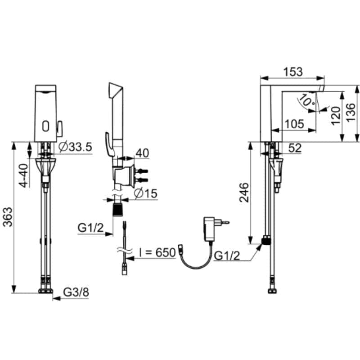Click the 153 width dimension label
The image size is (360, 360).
(x=293, y=72)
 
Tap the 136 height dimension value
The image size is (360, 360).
(x=351, y=113)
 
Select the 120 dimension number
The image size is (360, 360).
(x=336, y=116)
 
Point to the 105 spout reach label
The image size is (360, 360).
(x=294, y=124)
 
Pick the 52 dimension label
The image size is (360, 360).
(x=295, y=148)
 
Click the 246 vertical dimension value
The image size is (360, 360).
(x=244, y=193)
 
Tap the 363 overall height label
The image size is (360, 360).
(x=8, y=217)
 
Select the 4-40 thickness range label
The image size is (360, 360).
(x=23, y=175)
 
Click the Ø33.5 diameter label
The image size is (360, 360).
(x=75, y=147)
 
